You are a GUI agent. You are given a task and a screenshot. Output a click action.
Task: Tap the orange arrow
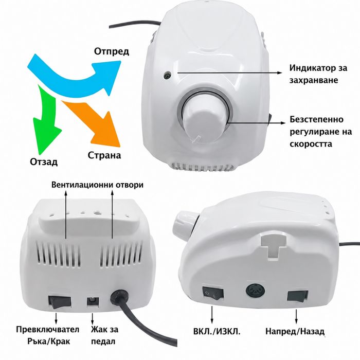pyautogui.click(x=94, y=122)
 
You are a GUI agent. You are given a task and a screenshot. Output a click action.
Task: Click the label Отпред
pyautogui.click(x=112, y=51)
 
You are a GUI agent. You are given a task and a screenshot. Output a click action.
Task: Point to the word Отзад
pyautogui.click(x=44, y=162)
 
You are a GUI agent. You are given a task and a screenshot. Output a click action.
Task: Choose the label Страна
pyautogui.click(x=104, y=155)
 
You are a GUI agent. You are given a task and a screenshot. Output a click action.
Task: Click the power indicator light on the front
pyautogui.click(x=167, y=75)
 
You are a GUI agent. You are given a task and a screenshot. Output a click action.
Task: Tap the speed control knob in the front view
pyautogui.click(x=203, y=122)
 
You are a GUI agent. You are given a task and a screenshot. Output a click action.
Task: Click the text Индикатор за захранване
pyautogui.click(x=318, y=74)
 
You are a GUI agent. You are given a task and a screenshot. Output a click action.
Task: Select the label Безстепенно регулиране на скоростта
pyautogui.click(x=320, y=132)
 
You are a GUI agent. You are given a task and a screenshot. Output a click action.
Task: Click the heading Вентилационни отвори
pyautogui.click(x=97, y=185)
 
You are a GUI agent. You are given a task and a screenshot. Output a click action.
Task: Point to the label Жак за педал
pyautogui.click(x=105, y=335)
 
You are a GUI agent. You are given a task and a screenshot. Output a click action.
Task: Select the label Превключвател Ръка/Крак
pyautogui.click(x=47, y=335)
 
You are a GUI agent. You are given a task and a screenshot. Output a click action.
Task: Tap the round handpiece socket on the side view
pyautogui.click(x=255, y=291)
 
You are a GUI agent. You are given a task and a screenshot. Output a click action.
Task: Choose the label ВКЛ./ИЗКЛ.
pyautogui.click(x=217, y=332)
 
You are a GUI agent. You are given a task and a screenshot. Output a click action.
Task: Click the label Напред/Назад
pyautogui.click(x=295, y=331)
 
